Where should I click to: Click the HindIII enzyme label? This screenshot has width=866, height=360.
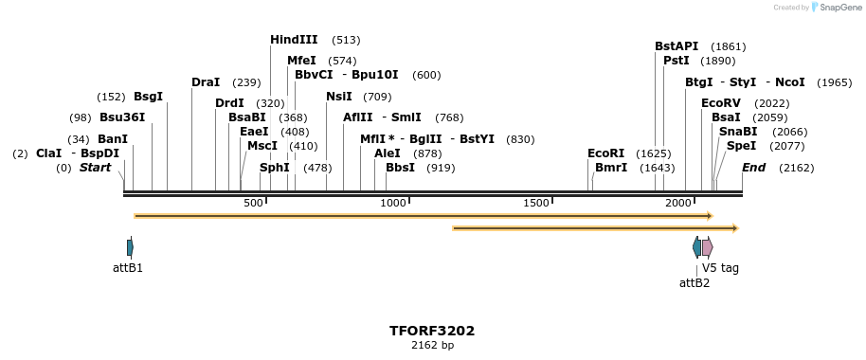(294, 40)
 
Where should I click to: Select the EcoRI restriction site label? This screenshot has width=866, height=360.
(606, 153)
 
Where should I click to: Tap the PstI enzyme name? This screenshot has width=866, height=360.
(677, 61)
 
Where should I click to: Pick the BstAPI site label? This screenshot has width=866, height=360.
(677, 46)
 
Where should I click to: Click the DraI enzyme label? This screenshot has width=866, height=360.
(206, 82)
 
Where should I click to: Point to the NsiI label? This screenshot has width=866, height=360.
(339, 97)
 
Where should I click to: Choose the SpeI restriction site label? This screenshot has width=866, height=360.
(742, 146)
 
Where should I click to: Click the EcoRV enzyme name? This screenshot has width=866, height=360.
(721, 103)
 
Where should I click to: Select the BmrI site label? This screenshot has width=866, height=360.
(611, 168)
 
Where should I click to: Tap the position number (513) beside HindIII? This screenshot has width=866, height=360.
(346, 40)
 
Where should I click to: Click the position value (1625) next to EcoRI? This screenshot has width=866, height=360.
(654, 153)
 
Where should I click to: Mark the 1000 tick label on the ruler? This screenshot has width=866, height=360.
(392, 204)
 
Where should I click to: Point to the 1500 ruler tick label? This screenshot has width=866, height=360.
(536, 204)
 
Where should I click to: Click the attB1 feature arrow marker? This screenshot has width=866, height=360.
(130, 247)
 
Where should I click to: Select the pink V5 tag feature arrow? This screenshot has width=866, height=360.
(707, 247)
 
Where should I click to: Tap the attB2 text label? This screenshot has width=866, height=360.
(695, 282)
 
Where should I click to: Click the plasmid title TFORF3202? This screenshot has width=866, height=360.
(432, 331)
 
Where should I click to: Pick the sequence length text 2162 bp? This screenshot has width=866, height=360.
(432, 346)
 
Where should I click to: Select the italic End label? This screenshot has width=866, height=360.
(753, 168)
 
